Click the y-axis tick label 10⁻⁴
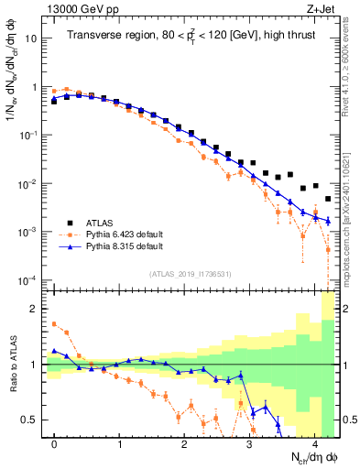[x=29, y=280]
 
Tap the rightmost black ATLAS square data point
[x=328, y=198]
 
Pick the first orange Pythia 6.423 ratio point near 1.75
[x=54, y=323]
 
